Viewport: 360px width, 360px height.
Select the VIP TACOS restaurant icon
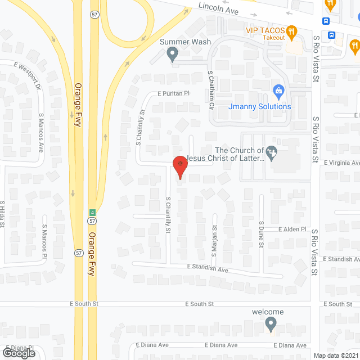[x=291, y=32]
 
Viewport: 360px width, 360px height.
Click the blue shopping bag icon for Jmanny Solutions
[x=278, y=90]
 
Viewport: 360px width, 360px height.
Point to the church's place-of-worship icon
[x=272, y=152]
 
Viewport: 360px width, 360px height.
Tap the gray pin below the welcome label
[x=271, y=324]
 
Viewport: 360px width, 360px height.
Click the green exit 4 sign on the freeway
[x=91, y=212]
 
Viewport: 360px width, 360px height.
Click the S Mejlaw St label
[x=214, y=237]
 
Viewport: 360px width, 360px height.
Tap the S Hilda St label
[x=3, y=214]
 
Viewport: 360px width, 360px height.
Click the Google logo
[x=18, y=353]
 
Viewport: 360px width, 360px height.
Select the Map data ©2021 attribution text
[x=335, y=355]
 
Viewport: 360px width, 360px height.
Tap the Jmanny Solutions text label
[x=260, y=106]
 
